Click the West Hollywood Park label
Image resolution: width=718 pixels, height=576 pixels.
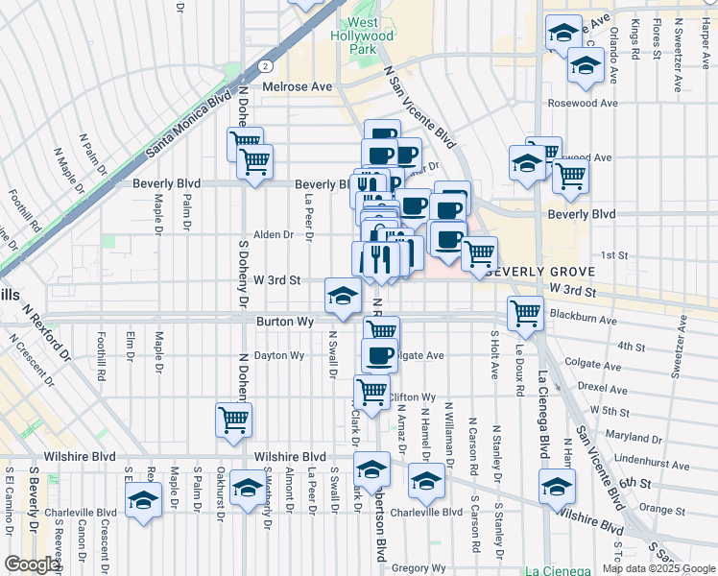pyautogui.click(x=362, y=35)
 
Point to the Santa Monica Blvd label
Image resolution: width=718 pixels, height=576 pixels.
pyautogui.click(x=191, y=124)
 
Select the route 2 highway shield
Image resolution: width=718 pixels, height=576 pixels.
pyautogui.click(x=262, y=66)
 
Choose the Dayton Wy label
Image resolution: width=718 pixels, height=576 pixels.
pyautogui.click(x=278, y=355)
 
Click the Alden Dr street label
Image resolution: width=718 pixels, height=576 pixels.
pyautogui.click(x=273, y=234)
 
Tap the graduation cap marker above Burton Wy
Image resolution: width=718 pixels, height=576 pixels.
pyautogui.click(x=342, y=295)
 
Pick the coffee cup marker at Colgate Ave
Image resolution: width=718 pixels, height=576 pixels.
pyautogui.click(x=380, y=355)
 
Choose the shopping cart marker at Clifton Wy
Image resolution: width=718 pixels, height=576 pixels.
pyautogui.click(x=371, y=391)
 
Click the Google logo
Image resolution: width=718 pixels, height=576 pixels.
pyautogui.click(x=32, y=564)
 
